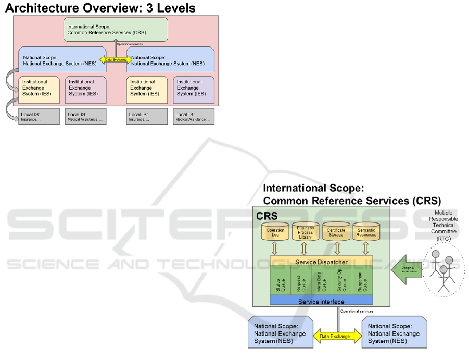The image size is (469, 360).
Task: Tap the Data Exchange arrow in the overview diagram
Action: point(116,60)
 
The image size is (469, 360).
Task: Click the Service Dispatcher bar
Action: point(321,261)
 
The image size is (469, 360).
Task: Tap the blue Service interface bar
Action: point(321,301)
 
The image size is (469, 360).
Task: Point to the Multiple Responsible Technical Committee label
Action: point(443,225)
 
